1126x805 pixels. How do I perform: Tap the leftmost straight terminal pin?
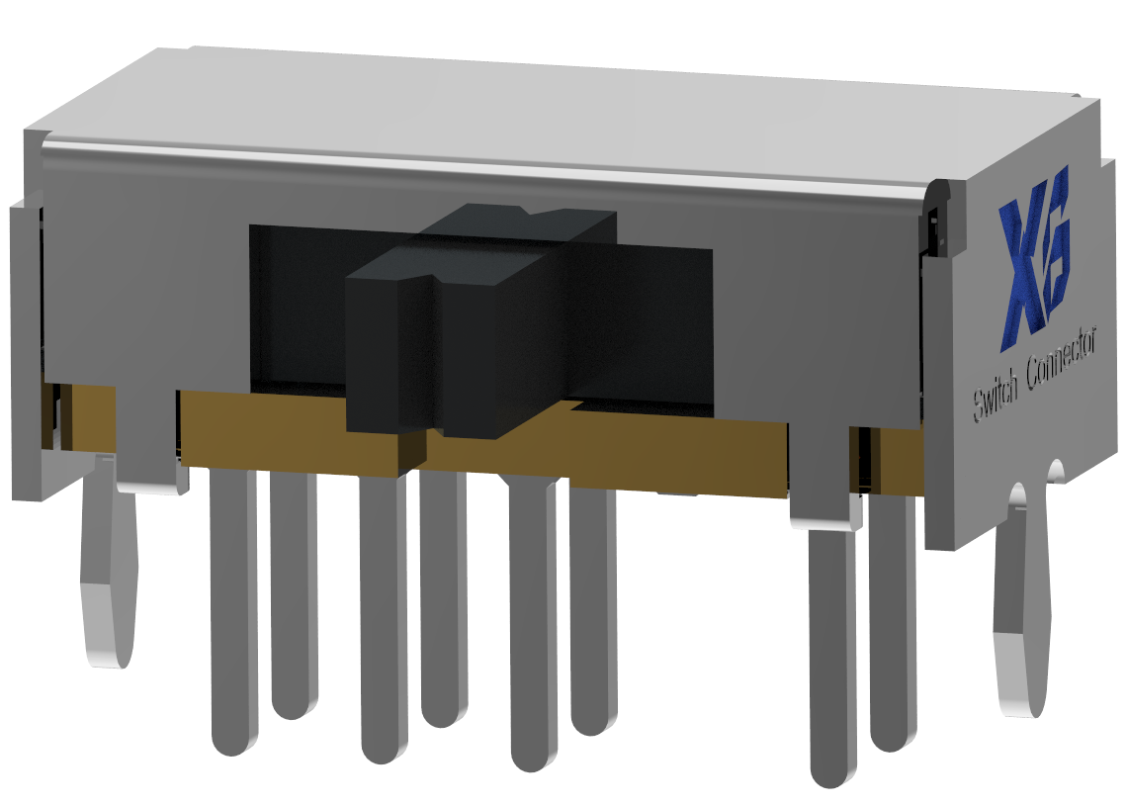point(234,613)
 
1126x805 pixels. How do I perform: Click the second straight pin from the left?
point(294,593)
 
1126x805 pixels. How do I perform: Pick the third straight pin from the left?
point(384,623)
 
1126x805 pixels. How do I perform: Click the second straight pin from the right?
point(832,653)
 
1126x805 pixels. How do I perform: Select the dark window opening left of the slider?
point(297,307)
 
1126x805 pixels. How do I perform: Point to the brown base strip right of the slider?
point(672,450)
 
